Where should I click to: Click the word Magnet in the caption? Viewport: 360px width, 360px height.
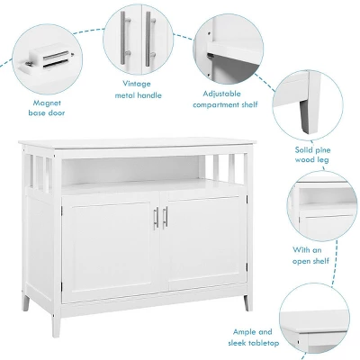tap(47, 103)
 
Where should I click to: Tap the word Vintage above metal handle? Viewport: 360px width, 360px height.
tap(137, 84)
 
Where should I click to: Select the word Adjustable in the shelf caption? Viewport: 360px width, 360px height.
tap(221, 94)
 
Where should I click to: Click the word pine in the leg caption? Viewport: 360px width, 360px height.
tap(321, 149)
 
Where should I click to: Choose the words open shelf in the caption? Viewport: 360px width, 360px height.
tap(310, 261)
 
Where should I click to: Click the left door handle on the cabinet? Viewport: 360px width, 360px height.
tap(156, 218)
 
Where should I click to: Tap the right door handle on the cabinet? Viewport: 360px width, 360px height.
tap(165, 218)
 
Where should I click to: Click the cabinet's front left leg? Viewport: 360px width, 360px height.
tap(56, 324)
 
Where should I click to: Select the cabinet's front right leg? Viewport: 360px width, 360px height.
tap(247, 302)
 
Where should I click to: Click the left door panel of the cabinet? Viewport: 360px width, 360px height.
tap(111, 247)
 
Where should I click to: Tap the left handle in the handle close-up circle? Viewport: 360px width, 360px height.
tap(123, 39)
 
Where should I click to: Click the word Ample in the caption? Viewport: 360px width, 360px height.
tap(244, 332)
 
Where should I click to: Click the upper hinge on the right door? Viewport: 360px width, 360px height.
tap(247, 199)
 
